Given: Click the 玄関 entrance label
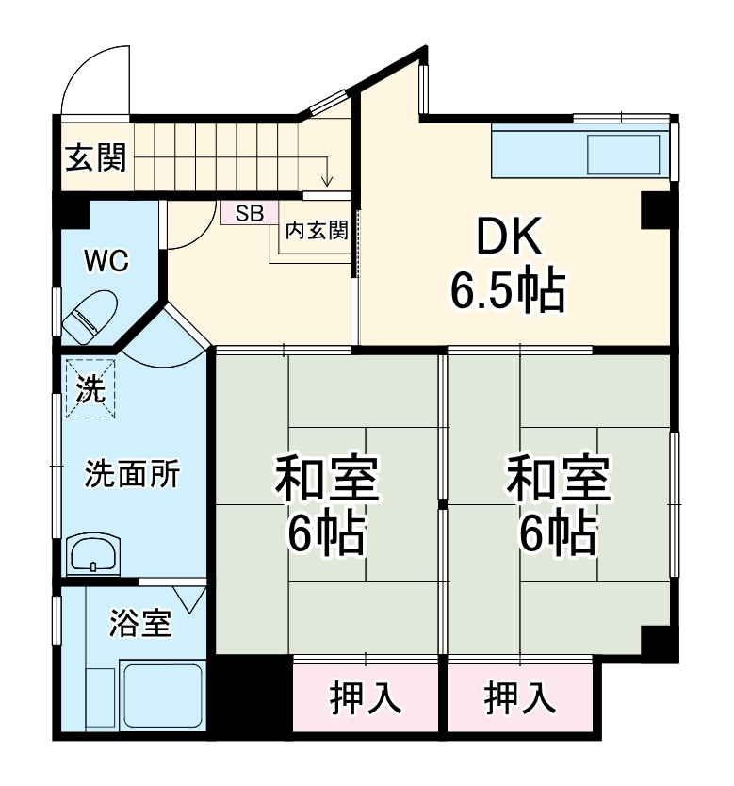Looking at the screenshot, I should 95,157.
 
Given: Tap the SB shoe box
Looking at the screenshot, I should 249,213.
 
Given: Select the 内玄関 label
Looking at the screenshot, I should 317,229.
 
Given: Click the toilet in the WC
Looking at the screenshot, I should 90,317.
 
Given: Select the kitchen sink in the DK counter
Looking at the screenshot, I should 623,153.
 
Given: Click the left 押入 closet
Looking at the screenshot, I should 366,698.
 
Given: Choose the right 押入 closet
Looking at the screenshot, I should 519,698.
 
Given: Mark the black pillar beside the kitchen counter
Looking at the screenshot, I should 655,210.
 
